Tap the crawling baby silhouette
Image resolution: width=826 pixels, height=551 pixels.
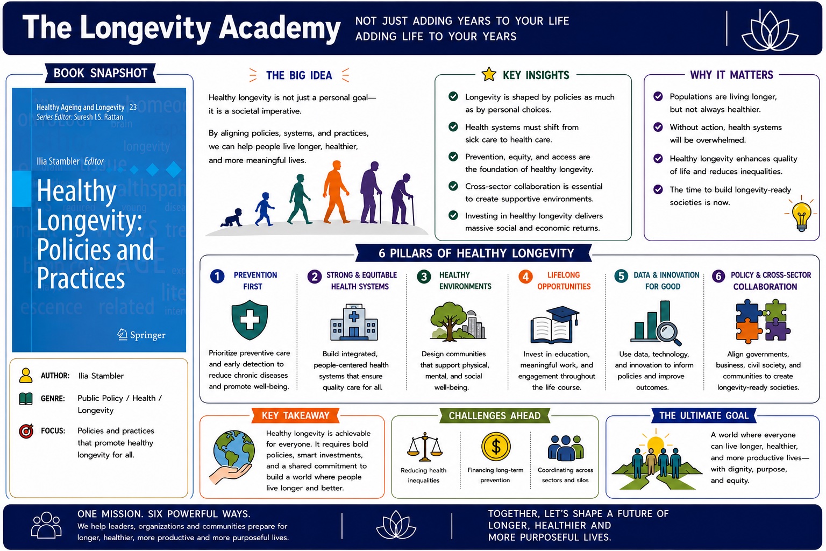click(232, 218)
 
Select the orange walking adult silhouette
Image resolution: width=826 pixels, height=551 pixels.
click(335, 192)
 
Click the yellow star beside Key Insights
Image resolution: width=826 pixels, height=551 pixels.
click(489, 74)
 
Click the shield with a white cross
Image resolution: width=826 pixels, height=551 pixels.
click(250, 320)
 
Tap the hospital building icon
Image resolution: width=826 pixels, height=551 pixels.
click(354, 322)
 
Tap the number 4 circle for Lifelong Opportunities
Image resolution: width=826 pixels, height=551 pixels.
click(525, 277)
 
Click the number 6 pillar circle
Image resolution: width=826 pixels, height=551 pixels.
click(718, 277)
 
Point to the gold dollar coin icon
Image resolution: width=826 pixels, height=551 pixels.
click(496, 447)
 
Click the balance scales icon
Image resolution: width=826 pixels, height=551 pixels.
click(425, 447)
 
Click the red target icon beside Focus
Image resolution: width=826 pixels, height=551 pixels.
click(26, 430)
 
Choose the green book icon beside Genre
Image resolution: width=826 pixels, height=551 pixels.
click(26, 399)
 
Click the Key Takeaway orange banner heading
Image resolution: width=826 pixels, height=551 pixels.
click(295, 415)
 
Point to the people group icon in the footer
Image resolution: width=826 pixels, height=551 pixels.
click(46, 525)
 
